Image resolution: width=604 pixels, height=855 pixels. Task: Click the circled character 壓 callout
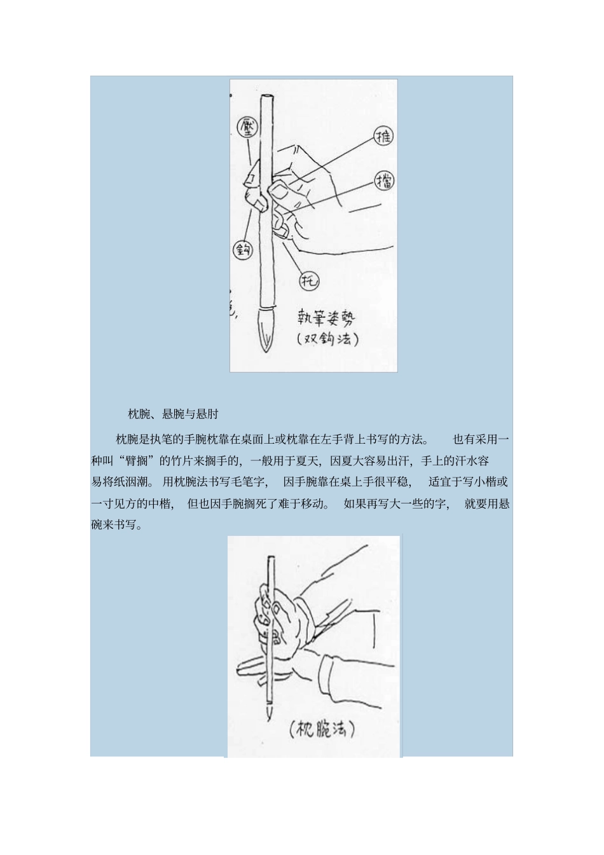coord(247,127)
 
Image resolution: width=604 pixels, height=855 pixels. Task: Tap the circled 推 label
coord(383,136)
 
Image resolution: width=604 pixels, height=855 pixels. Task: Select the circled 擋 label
coord(384,181)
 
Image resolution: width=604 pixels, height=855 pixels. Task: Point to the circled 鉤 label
coord(242,250)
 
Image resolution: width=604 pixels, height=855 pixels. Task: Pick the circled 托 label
coord(309,280)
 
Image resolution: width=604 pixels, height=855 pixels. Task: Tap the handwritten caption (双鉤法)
coord(327,339)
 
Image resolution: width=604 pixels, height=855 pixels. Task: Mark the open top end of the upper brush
coord(266,97)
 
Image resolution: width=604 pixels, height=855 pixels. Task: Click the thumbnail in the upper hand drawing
coord(277,190)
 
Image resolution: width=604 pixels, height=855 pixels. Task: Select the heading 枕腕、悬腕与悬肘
coord(173,414)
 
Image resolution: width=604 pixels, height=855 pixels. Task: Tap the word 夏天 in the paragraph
coord(305,461)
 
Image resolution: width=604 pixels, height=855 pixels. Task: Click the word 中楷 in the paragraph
coord(161,505)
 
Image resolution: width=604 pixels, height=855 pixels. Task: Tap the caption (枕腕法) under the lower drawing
coord(322,728)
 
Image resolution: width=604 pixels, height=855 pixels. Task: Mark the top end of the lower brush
coord(270,559)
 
